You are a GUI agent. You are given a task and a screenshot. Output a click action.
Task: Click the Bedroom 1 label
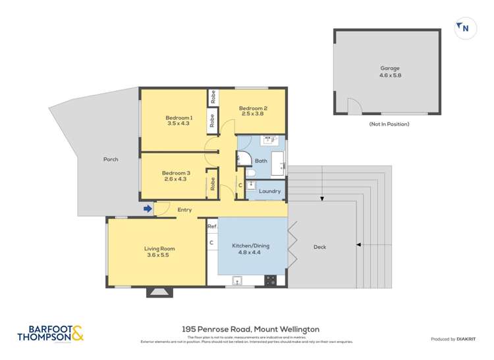coord(178,117)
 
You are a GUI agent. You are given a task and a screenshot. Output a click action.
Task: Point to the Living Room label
coord(161,248)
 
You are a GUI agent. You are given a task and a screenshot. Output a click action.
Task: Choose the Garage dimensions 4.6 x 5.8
coord(389,75)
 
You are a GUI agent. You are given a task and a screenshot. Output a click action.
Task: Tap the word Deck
coord(320,247)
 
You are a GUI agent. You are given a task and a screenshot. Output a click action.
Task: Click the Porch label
coord(111,159)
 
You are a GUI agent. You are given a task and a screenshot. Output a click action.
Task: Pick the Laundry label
coord(270,192)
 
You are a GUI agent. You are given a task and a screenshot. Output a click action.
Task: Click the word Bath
coord(261,161)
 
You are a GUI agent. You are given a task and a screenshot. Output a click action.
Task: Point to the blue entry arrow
coord(148,209)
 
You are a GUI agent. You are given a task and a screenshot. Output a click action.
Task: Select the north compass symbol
coord(464,28)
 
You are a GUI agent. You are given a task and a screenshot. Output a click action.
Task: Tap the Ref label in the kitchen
coord(212,226)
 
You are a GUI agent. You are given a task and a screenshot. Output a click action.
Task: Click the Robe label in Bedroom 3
coord(213,184)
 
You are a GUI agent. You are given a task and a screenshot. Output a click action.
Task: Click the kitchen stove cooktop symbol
coord(270,280)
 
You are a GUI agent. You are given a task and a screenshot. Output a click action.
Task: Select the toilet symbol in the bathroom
coord(251,173)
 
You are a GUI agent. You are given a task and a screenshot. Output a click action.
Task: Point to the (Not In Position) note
coord(389,124)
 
